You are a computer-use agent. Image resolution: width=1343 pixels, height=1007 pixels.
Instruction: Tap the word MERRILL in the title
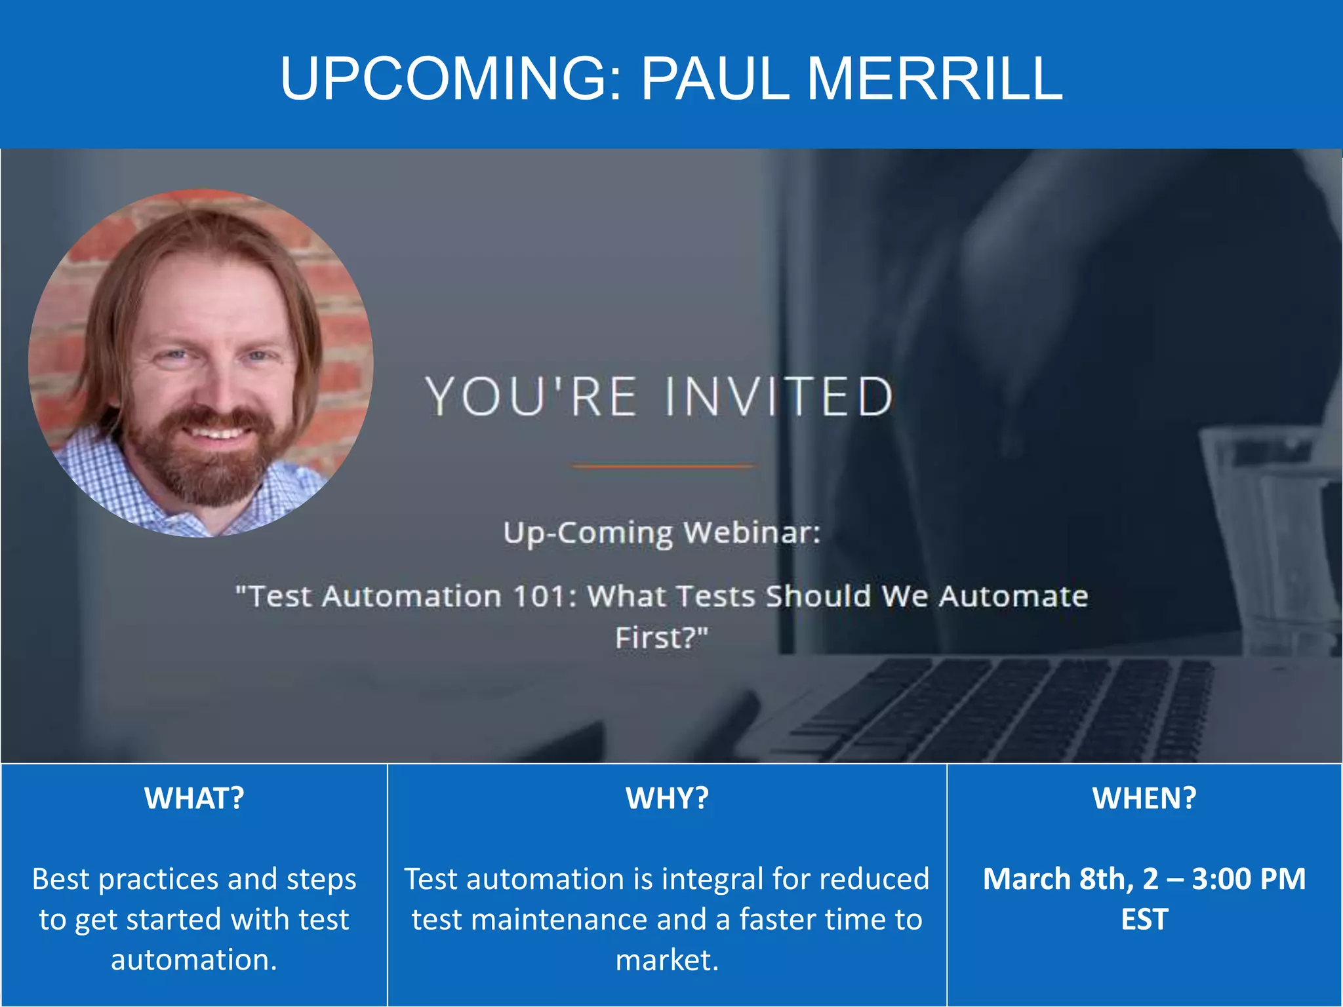tap(934, 79)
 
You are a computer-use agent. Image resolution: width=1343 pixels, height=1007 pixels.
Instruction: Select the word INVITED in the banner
tap(779, 397)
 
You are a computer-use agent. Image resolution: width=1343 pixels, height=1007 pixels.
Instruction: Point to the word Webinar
tap(752, 532)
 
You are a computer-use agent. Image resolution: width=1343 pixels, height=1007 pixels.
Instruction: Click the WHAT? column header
tap(194, 799)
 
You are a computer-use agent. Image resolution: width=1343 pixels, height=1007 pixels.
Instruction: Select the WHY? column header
tap(667, 799)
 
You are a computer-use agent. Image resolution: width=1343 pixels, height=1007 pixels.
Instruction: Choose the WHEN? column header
tap(1144, 799)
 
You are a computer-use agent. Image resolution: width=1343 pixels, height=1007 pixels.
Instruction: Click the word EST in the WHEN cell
tap(1144, 919)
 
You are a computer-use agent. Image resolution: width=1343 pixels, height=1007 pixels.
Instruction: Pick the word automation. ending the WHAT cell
tap(194, 960)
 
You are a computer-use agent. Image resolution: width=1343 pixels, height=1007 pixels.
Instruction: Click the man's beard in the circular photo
tap(203, 469)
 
